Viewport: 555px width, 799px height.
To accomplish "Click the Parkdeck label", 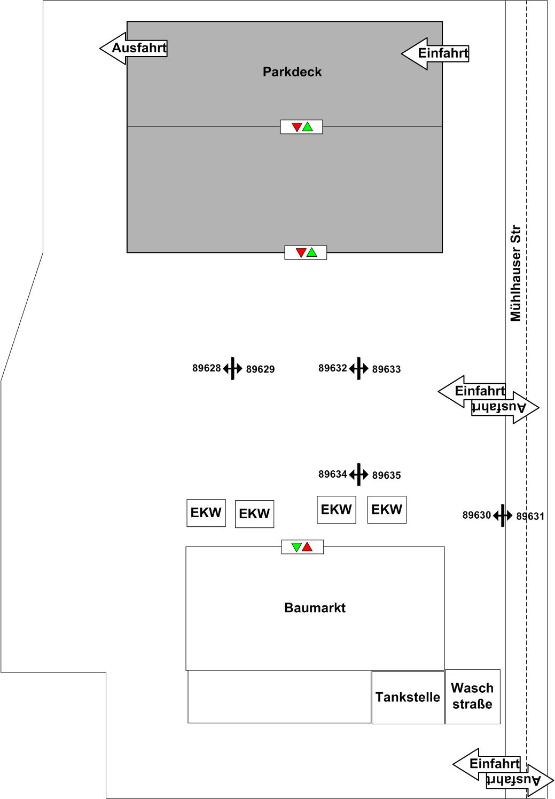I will (292, 72).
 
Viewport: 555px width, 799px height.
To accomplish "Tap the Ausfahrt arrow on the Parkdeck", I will (134, 48).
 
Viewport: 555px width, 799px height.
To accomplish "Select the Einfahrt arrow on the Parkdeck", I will (436, 53).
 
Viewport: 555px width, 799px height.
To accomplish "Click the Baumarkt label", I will (315, 608).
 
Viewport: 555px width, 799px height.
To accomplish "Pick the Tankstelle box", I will (408, 697).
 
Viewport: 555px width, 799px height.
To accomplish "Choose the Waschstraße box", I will (472, 696).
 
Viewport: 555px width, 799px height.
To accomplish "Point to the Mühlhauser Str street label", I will (515, 273).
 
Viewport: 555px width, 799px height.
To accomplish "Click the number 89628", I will (206, 368).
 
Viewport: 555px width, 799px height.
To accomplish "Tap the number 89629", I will (260, 369).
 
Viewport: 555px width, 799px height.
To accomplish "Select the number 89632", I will (332, 368).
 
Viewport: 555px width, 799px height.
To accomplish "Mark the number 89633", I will (386, 369).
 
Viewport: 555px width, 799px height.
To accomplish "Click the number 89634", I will (332, 474).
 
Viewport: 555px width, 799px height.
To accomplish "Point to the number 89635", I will (386, 476).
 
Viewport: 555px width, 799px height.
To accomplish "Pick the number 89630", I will (476, 515).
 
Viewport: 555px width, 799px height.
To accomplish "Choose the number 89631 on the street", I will (530, 516).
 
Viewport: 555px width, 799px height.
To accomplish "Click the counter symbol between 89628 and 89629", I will (233, 368).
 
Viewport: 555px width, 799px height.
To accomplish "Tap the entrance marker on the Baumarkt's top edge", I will (302, 547).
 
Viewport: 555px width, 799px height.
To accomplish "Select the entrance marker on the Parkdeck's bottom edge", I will (306, 252).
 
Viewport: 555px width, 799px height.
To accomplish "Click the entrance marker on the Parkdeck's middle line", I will (302, 127).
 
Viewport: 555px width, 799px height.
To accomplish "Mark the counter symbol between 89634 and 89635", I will (359, 474).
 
